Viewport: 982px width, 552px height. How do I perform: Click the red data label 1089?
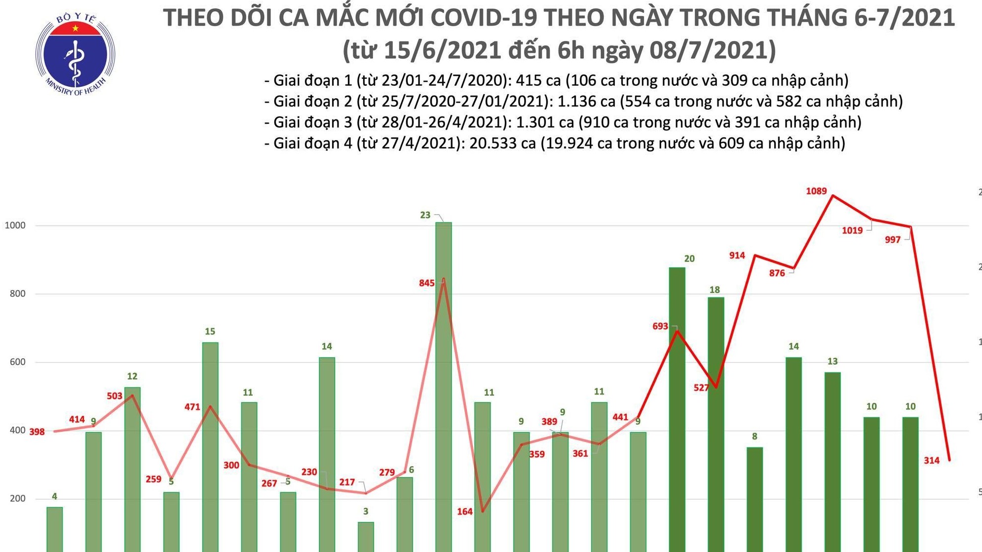pyautogui.click(x=816, y=191)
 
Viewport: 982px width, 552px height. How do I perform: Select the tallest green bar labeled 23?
pyautogui.click(x=443, y=385)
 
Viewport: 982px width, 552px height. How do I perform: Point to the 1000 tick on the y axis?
pyautogui.click(x=15, y=225)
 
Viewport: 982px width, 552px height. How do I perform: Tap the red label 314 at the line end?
pyautogui.click(x=931, y=461)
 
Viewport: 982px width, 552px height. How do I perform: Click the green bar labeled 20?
pyautogui.click(x=677, y=409)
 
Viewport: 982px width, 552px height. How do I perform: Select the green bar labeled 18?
pyautogui.click(x=716, y=424)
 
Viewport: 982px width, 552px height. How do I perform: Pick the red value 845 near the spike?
pyautogui.click(x=426, y=283)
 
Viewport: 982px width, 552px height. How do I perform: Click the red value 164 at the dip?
pyautogui.click(x=464, y=512)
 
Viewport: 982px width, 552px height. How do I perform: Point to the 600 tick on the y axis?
pyautogui.click(x=17, y=362)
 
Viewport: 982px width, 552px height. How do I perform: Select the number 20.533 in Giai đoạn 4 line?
pyautogui.click(x=502, y=144)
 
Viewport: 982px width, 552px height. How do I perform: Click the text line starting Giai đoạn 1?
pyautogui.click(x=556, y=80)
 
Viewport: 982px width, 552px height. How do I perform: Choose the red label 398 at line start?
pyautogui.click(x=37, y=432)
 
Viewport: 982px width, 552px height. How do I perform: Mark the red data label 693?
pyautogui.click(x=660, y=327)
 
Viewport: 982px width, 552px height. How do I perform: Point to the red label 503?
pyautogui.click(x=114, y=396)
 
